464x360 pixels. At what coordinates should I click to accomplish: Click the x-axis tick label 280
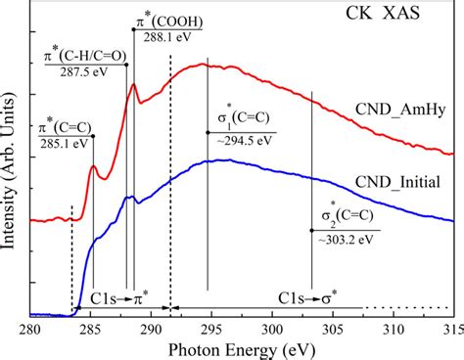coord(29,329)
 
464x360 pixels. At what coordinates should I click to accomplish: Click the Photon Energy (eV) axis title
coord(242,348)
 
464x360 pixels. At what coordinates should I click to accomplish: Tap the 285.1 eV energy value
coord(64,143)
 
